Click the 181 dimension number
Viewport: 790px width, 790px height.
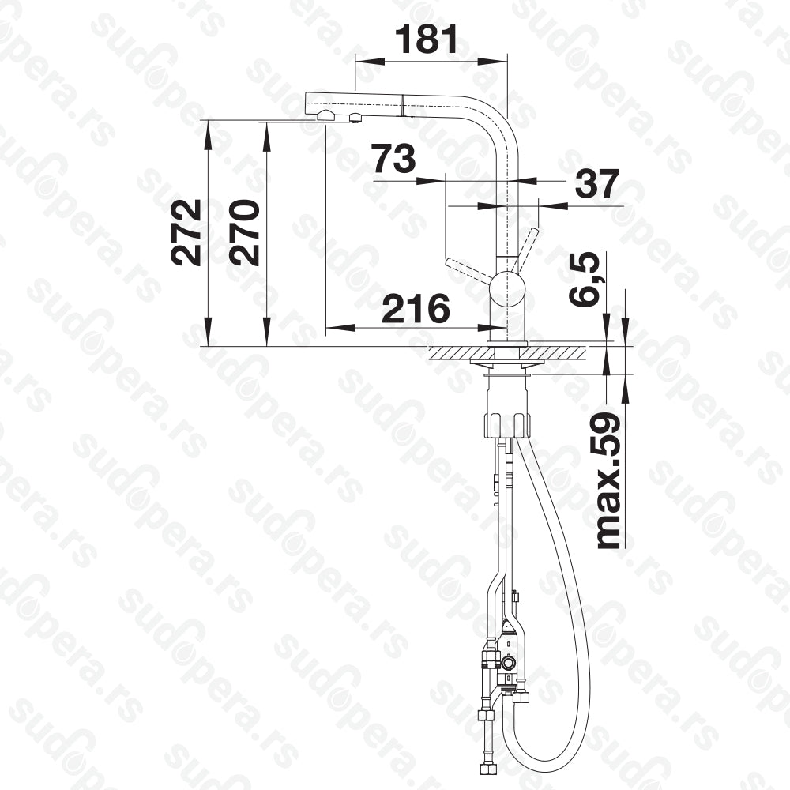coord(427,39)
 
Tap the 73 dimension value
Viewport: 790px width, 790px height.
coord(394,158)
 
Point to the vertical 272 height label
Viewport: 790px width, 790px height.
coord(186,232)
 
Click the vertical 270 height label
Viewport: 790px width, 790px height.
coord(244,232)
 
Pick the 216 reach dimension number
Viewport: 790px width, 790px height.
coord(416,308)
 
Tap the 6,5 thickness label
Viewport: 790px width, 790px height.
coord(585,279)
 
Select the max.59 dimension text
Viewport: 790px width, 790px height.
coord(608,480)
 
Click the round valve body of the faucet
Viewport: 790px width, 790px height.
coord(507,290)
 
